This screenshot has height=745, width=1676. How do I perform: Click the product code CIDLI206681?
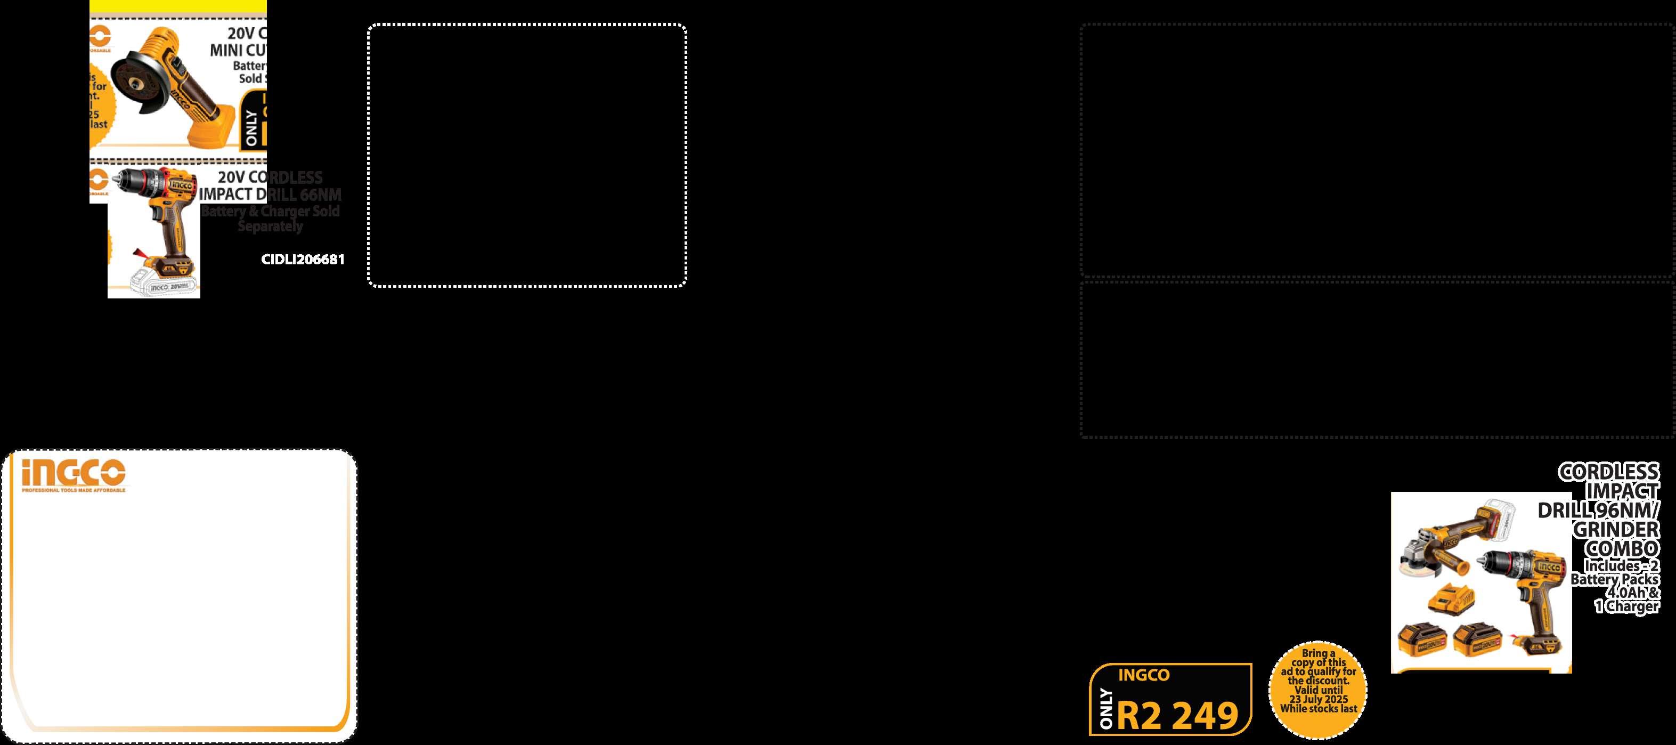303,260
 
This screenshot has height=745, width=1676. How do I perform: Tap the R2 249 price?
1178,716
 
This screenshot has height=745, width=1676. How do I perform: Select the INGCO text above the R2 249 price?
1144,675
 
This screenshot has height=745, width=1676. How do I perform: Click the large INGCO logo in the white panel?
73,473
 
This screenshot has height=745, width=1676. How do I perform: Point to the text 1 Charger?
1626,606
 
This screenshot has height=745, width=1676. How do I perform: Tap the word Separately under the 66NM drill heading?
270,226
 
